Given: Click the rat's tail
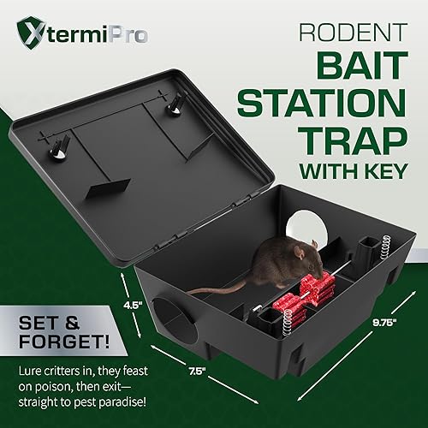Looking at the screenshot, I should click(x=214, y=288).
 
